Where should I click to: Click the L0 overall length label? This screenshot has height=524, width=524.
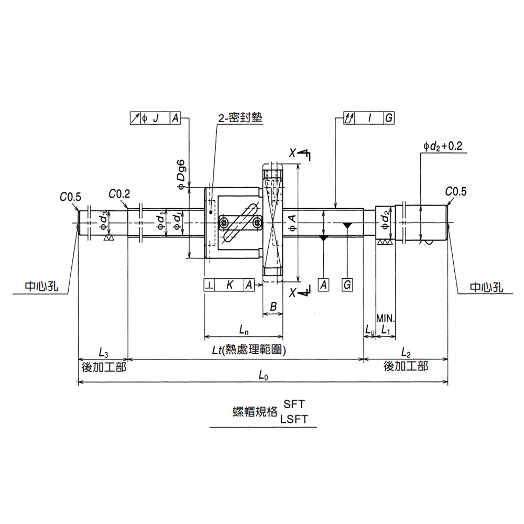point(263,375)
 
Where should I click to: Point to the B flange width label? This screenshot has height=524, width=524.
point(272,307)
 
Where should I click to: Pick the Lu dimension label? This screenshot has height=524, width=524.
point(369,330)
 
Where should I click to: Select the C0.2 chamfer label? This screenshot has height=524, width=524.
point(119,194)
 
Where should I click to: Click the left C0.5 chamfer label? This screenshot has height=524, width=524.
point(71,197)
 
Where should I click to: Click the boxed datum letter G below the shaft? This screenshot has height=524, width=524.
point(347,285)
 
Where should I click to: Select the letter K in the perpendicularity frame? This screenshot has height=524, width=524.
point(230,285)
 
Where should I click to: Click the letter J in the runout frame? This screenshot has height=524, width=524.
point(156,118)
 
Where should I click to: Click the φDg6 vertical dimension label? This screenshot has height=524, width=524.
point(181,172)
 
